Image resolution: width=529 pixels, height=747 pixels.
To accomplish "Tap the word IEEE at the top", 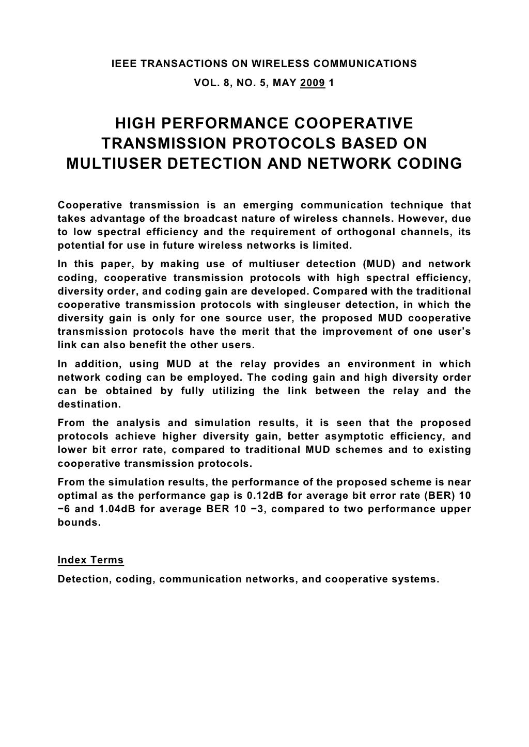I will click(124, 64).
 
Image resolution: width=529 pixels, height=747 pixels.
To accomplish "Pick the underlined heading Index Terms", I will click(90, 560).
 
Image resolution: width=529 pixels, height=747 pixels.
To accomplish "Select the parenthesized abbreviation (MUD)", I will click(381, 264).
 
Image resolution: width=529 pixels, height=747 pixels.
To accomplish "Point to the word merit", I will click(250, 331).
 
